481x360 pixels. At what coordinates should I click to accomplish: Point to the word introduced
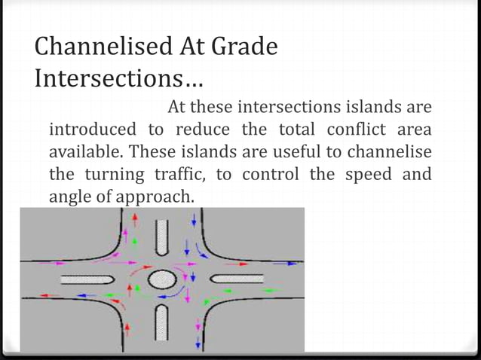(93, 129)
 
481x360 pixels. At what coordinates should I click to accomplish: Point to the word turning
(118, 174)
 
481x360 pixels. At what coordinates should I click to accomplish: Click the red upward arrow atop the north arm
(136, 218)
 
